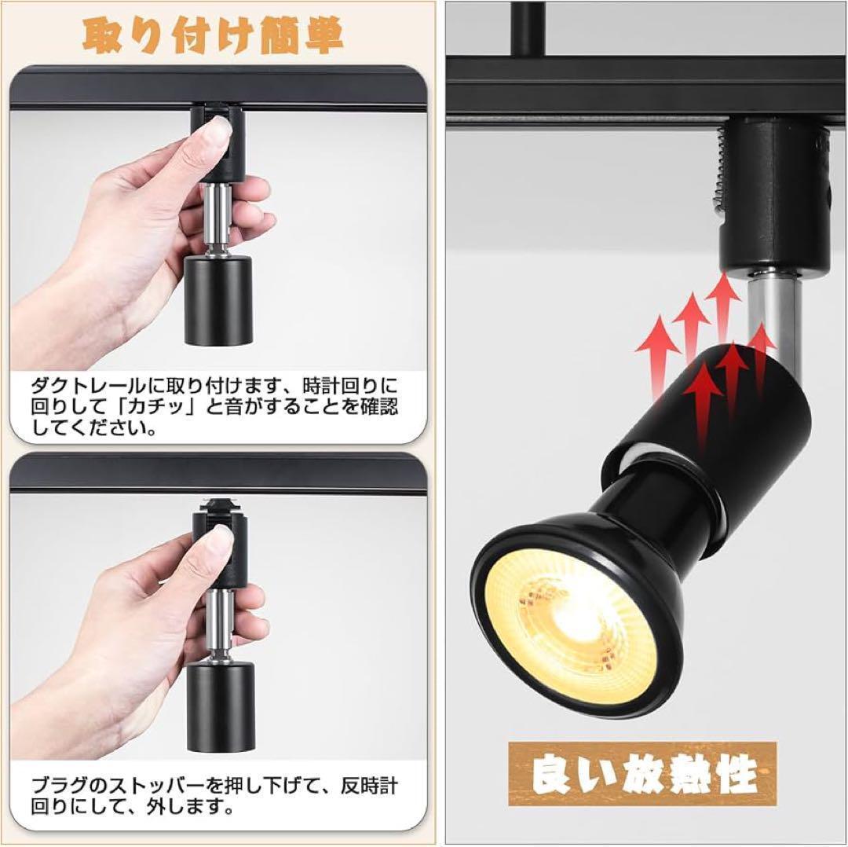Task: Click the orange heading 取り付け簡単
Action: coord(213,35)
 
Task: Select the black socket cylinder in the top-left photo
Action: coord(219,301)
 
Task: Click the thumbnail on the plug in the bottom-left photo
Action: coord(220,541)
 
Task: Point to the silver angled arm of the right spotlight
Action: coord(769,324)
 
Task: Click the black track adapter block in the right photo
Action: coord(773,195)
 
